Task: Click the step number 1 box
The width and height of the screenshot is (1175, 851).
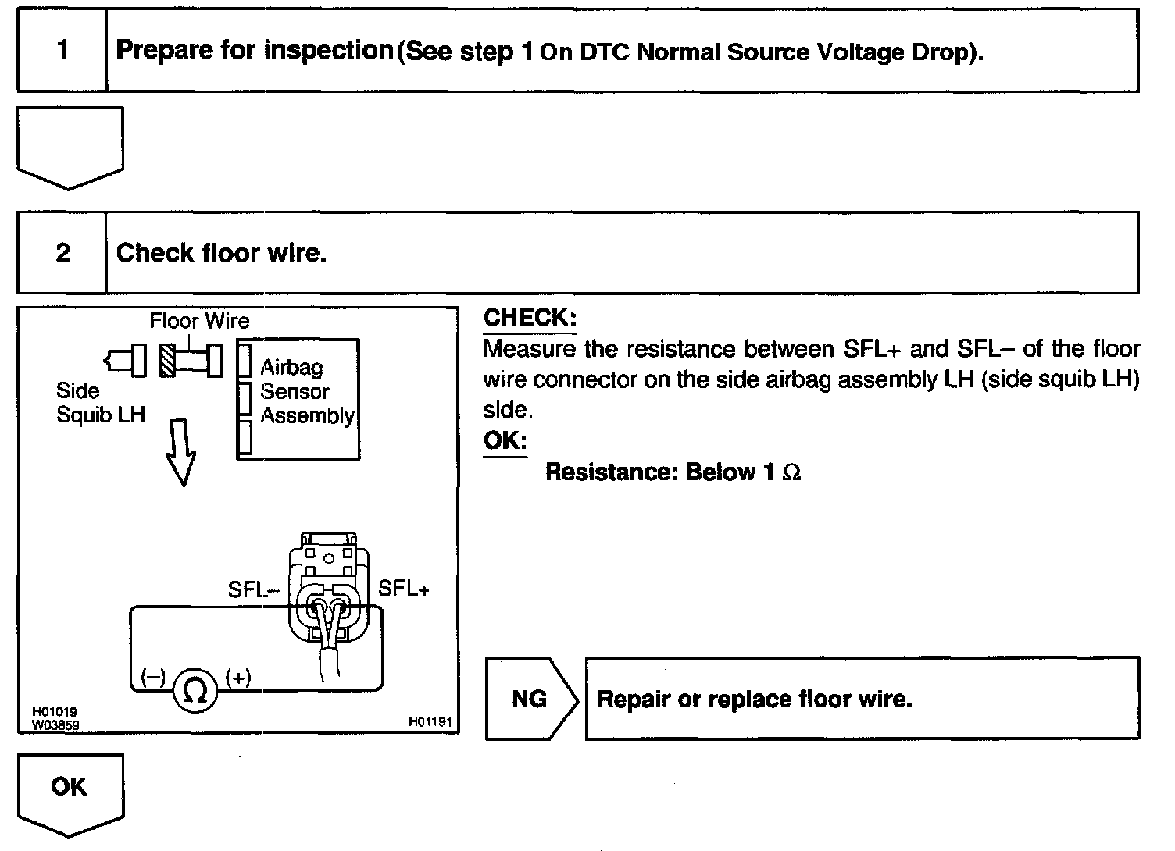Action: [x=62, y=51]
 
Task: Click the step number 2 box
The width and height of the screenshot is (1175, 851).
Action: [x=62, y=253]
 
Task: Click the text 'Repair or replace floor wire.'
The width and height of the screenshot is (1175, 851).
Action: [x=754, y=699]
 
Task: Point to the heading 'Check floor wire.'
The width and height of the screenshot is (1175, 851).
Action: [x=221, y=253]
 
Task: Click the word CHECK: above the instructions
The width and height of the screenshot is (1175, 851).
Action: [x=530, y=318]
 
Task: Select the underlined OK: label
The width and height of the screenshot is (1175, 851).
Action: [x=505, y=440]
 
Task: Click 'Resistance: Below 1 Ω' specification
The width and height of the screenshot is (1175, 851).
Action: [x=673, y=472]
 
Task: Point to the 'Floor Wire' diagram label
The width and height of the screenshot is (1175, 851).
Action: [x=199, y=321]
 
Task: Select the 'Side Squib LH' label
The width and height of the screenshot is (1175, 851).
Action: [x=100, y=403]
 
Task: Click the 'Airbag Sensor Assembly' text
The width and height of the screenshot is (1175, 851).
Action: [x=306, y=391]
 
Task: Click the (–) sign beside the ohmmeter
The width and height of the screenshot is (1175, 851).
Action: [x=153, y=678]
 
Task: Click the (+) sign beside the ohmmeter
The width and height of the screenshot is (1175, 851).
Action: [x=237, y=678]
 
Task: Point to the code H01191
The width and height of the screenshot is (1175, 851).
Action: [x=430, y=722]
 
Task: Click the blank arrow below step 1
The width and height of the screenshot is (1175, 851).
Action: [x=70, y=147]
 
